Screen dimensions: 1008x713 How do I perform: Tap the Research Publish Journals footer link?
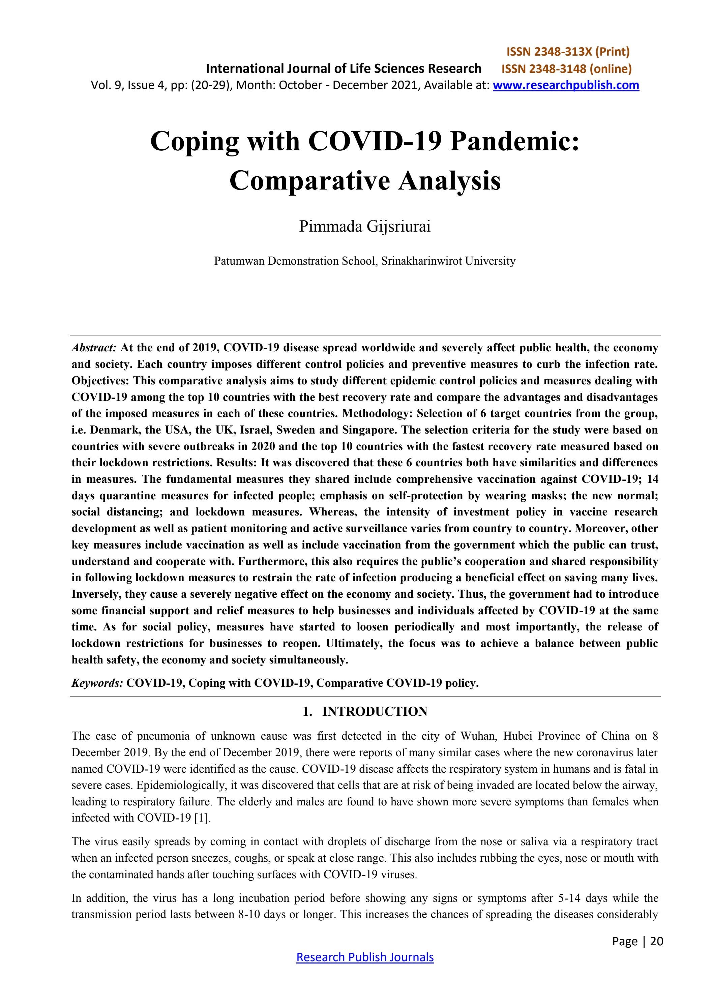365,957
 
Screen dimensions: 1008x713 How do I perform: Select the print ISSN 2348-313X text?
568,52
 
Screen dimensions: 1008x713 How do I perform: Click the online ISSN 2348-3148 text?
566,68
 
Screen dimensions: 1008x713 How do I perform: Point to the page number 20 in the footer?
657,941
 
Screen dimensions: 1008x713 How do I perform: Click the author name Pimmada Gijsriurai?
365,227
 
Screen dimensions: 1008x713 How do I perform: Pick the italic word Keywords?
97,683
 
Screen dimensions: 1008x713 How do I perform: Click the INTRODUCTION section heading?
375,712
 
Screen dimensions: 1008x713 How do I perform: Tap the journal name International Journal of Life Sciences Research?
343,68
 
